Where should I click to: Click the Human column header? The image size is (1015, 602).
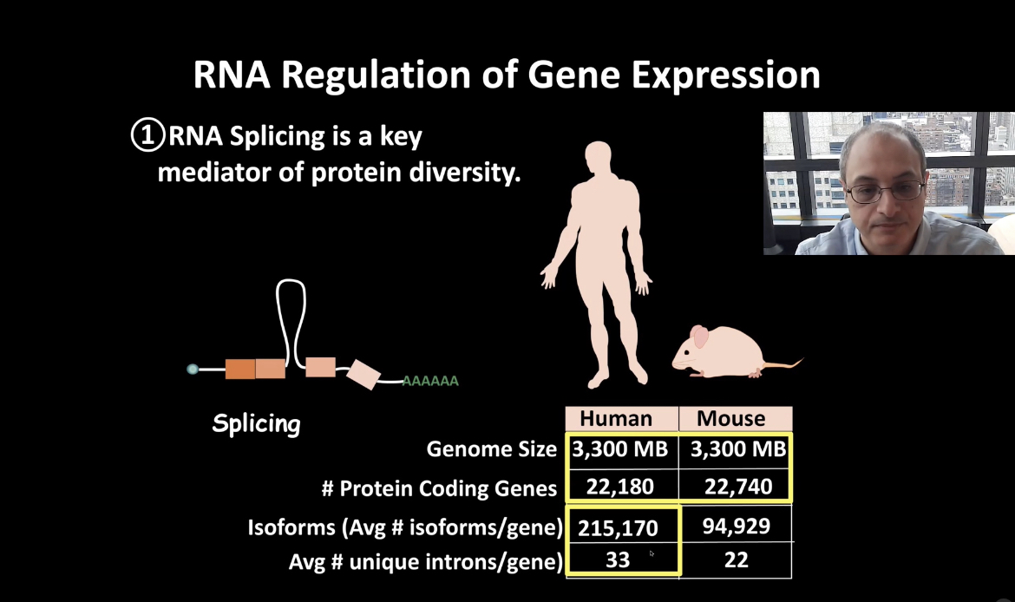(x=616, y=418)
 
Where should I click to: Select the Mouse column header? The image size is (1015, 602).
(x=730, y=418)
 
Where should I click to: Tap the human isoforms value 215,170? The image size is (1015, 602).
(x=618, y=528)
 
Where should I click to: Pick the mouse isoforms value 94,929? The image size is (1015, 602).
(x=736, y=526)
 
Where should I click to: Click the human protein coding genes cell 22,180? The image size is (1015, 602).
(x=619, y=486)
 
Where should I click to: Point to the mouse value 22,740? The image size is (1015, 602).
(x=738, y=486)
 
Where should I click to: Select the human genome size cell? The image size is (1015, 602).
(x=619, y=448)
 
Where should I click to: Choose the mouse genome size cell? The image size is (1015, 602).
(x=738, y=448)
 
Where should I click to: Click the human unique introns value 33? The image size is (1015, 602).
(x=618, y=559)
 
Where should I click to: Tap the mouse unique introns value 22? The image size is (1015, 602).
(x=736, y=559)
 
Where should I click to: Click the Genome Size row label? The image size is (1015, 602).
(x=491, y=448)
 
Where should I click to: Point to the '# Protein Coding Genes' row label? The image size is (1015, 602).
(x=439, y=488)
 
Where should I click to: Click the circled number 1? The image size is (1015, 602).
(x=147, y=134)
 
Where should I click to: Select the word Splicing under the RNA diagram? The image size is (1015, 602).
(x=256, y=424)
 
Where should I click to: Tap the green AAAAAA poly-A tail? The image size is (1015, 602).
(x=430, y=382)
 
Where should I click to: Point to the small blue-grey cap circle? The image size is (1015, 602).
(x=193, y=369)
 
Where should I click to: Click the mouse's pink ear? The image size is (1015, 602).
(x=700, y=337)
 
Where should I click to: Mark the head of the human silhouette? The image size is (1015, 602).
(x=598, y=157)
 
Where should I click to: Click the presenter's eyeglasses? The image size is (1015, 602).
(x=885, y=191)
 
